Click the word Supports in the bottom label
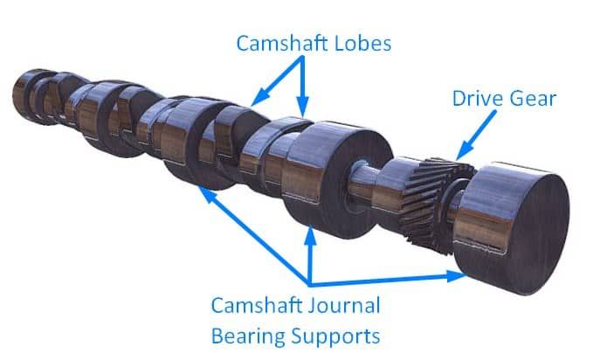[x=337, y=336]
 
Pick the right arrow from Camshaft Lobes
[x=303, y=87]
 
